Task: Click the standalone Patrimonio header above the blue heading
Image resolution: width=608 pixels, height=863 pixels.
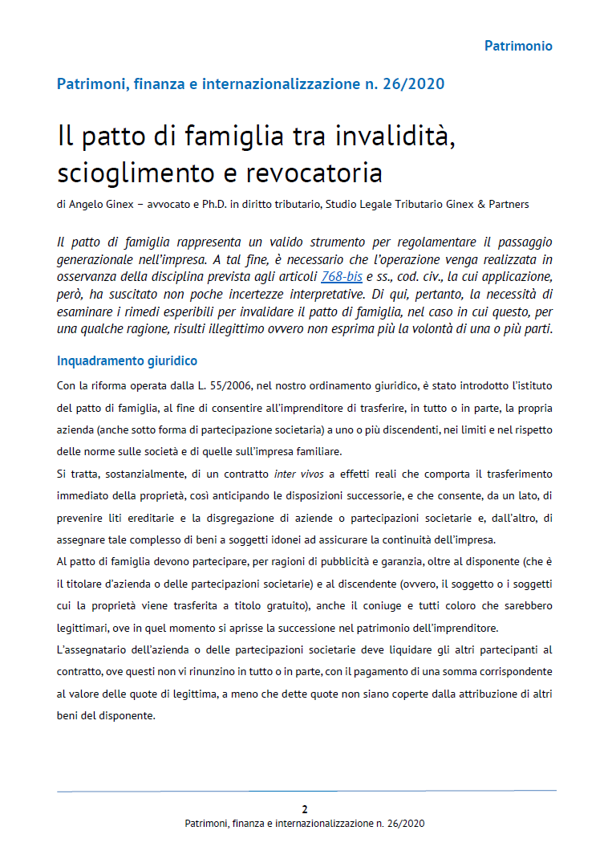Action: pyautogui.click(x=518, y=46)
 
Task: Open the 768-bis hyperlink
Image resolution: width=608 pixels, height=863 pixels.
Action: pyautogui.click(x=342, y=277)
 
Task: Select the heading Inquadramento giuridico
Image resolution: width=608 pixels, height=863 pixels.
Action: pyautogui.click(x=127, y=361)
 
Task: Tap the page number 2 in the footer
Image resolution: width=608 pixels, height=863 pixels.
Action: pyautogui.click(x=304, y=809)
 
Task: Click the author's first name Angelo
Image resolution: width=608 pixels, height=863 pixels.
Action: pyautogui.click(x=84, y=205)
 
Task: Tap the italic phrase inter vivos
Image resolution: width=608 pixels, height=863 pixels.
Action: pyautogui.click(x=298, y=474)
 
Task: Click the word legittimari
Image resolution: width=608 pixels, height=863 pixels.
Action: pyautogui.click(x=88, y=605)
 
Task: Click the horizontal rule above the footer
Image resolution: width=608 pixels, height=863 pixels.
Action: pyautogui.click(x=306, y=791)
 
